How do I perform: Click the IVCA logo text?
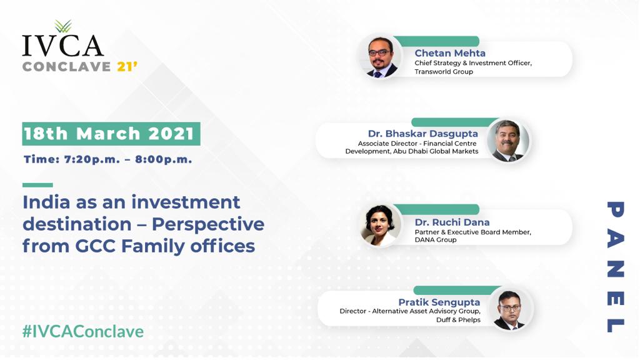coord(62,46)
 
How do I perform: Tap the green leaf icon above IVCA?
coord(62,26)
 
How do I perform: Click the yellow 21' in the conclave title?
coord(127,66)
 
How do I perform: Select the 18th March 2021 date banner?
coord(111,134)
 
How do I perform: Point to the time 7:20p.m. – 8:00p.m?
coord(108,159)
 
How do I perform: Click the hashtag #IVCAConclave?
coord(82,331)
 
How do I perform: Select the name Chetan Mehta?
coord(450,53)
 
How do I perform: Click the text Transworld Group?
coord(444,72)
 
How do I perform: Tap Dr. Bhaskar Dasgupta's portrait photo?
coord(507,141)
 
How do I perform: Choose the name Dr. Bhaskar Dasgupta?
coord(422,134)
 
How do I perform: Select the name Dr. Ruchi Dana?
coord(452,222)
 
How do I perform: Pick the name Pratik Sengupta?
coord(439,302)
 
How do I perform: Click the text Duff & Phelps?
coord(458,320)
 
